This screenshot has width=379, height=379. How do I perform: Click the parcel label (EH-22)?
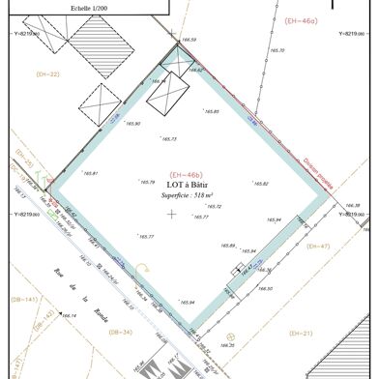click(47, 73)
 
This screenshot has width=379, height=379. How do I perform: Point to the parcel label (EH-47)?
click(317, 247)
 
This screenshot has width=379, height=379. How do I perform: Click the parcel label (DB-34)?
click(121, 333)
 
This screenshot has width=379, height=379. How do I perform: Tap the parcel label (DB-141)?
click(24, 300)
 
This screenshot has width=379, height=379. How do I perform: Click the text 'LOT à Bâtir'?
click(188, 185)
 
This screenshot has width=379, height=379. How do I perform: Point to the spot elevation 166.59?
click(189, 40)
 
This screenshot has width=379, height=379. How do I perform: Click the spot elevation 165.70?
click(277, 49)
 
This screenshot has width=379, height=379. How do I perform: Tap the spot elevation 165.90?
click(131, 124)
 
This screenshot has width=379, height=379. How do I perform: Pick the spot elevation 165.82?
click(260, 183)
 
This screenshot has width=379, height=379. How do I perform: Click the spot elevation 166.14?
click(68, 315)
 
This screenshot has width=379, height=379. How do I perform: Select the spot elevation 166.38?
click(352, 205)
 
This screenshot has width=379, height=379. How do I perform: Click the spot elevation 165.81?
click(90, 173)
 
